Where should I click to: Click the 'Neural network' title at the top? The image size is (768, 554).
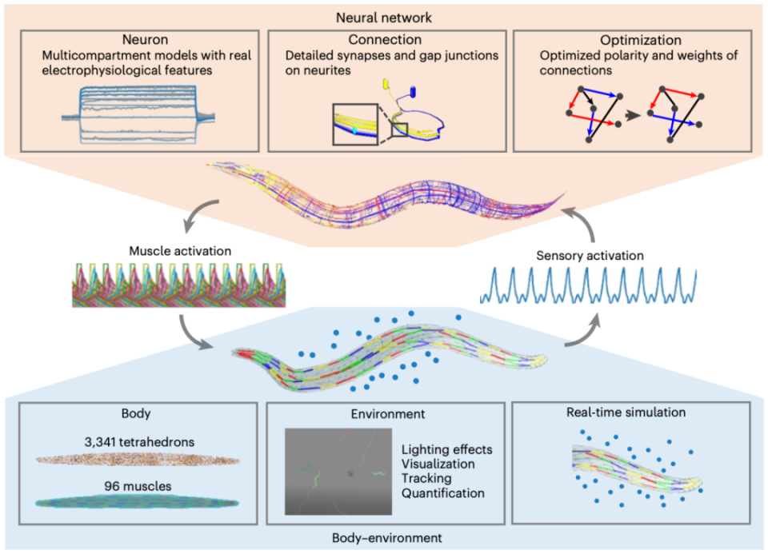click(383, 14)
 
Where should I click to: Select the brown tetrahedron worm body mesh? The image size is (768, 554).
click(138, 460)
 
